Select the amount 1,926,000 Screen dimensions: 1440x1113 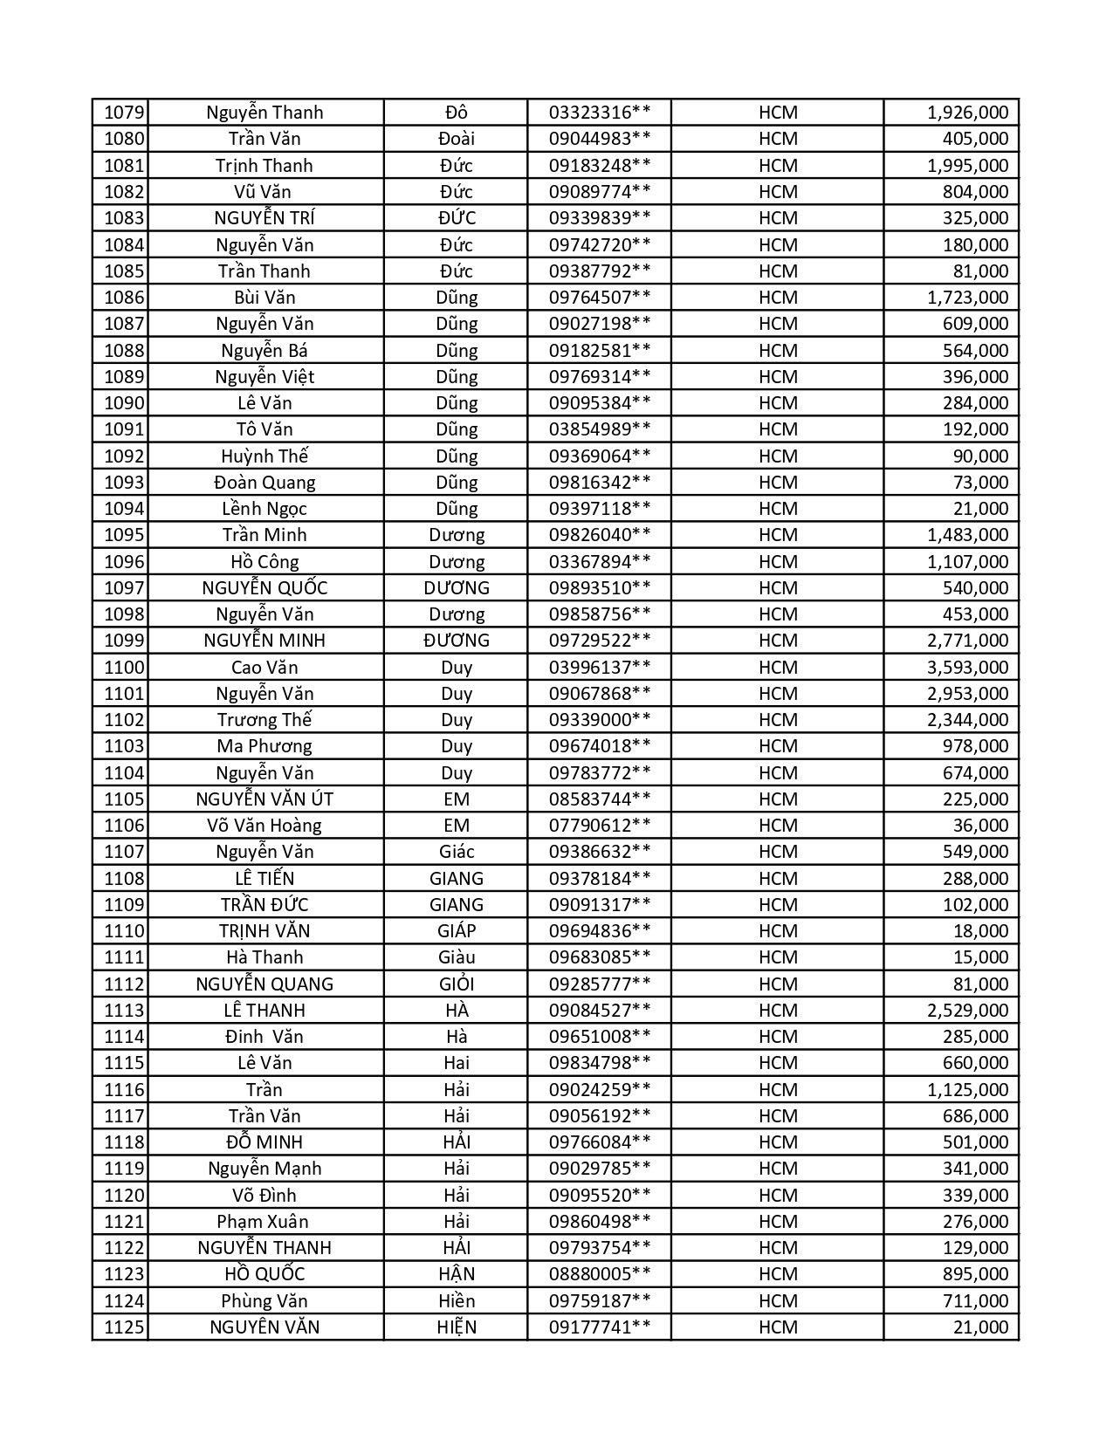click(966, 113)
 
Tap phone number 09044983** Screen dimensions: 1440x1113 click(599, 139)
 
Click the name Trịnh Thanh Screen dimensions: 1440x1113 click(265, 166)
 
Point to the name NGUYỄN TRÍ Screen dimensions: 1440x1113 click(265, 218)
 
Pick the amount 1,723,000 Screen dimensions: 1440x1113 click(966, 298)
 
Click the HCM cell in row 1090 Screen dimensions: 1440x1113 click(777, 403)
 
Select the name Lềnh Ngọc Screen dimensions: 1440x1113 click(265, 509)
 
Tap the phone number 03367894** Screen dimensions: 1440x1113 click(599, 562)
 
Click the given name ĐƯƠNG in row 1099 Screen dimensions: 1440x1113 click(456, 641)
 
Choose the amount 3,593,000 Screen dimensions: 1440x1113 click(966, 668)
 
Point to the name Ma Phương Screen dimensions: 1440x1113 click(265, 746)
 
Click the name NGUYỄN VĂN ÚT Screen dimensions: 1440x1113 click(265, 799)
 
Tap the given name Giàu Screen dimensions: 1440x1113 click(456, 957)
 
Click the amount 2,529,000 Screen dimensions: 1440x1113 click(966, 1011)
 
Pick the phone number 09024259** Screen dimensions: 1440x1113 click(599, 1090)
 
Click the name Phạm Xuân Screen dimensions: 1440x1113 click(265, 1222)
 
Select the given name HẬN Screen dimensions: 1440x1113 click(456, 1274)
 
